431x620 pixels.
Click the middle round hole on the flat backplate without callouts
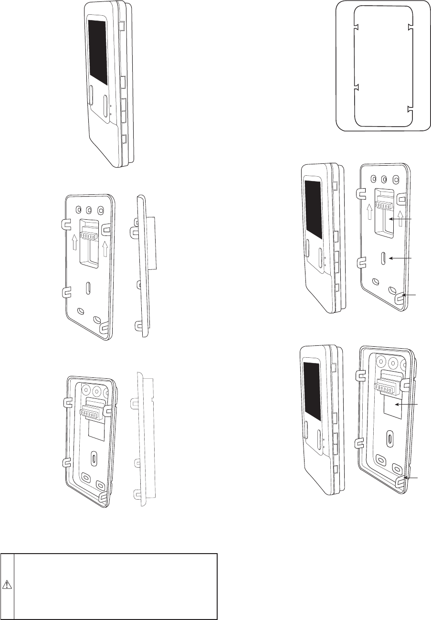coord(89,210)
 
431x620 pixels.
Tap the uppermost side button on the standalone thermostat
coord(121,25)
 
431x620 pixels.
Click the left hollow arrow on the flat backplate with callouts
coord(368,211)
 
